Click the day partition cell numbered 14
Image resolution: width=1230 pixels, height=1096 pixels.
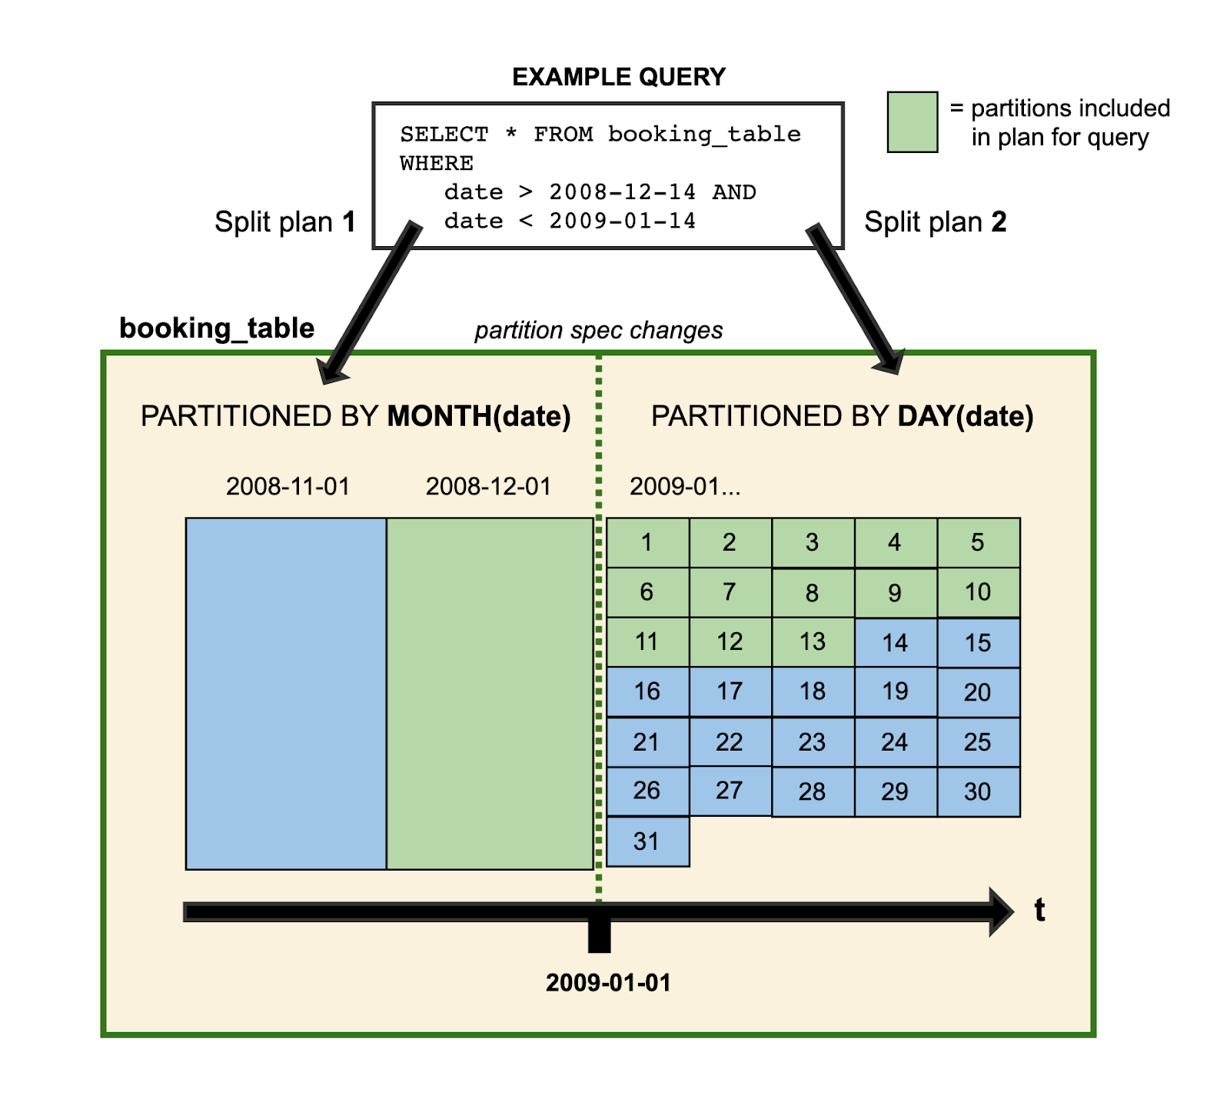click(896, 643)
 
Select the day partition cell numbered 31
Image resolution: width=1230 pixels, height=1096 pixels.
click(647, 841)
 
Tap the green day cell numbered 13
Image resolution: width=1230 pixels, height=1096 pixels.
click(813, 642)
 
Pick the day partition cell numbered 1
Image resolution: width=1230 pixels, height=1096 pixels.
click(647, 543)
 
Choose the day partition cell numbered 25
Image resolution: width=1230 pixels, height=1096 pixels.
click(978, 742)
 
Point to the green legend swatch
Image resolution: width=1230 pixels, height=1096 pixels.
click(913, 122)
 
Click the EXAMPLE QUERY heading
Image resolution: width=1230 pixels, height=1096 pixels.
click(619, 77)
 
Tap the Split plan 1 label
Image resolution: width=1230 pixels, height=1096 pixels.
click(285, 222)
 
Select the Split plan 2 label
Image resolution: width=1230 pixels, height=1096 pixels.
click(935, 222)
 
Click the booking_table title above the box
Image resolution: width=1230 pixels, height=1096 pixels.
click(217, 328)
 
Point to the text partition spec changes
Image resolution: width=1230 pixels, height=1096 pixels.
click(598, 331)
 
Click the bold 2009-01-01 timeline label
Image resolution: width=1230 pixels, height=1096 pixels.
click(608, 983)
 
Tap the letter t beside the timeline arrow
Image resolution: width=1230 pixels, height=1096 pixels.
click(1039, 911)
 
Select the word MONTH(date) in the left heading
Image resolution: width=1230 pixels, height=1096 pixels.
click(479, 417)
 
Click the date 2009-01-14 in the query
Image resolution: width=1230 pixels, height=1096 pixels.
click(622, 222)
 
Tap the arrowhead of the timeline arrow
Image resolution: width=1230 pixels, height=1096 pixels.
click(1002, 912)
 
